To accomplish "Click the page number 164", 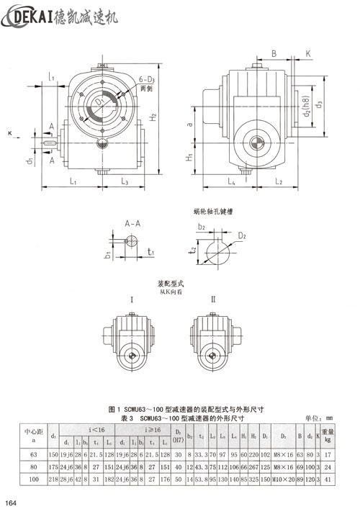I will click(12, 501).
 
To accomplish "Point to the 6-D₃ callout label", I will click(148, 78).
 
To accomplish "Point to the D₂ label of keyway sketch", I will click(243, 235).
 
